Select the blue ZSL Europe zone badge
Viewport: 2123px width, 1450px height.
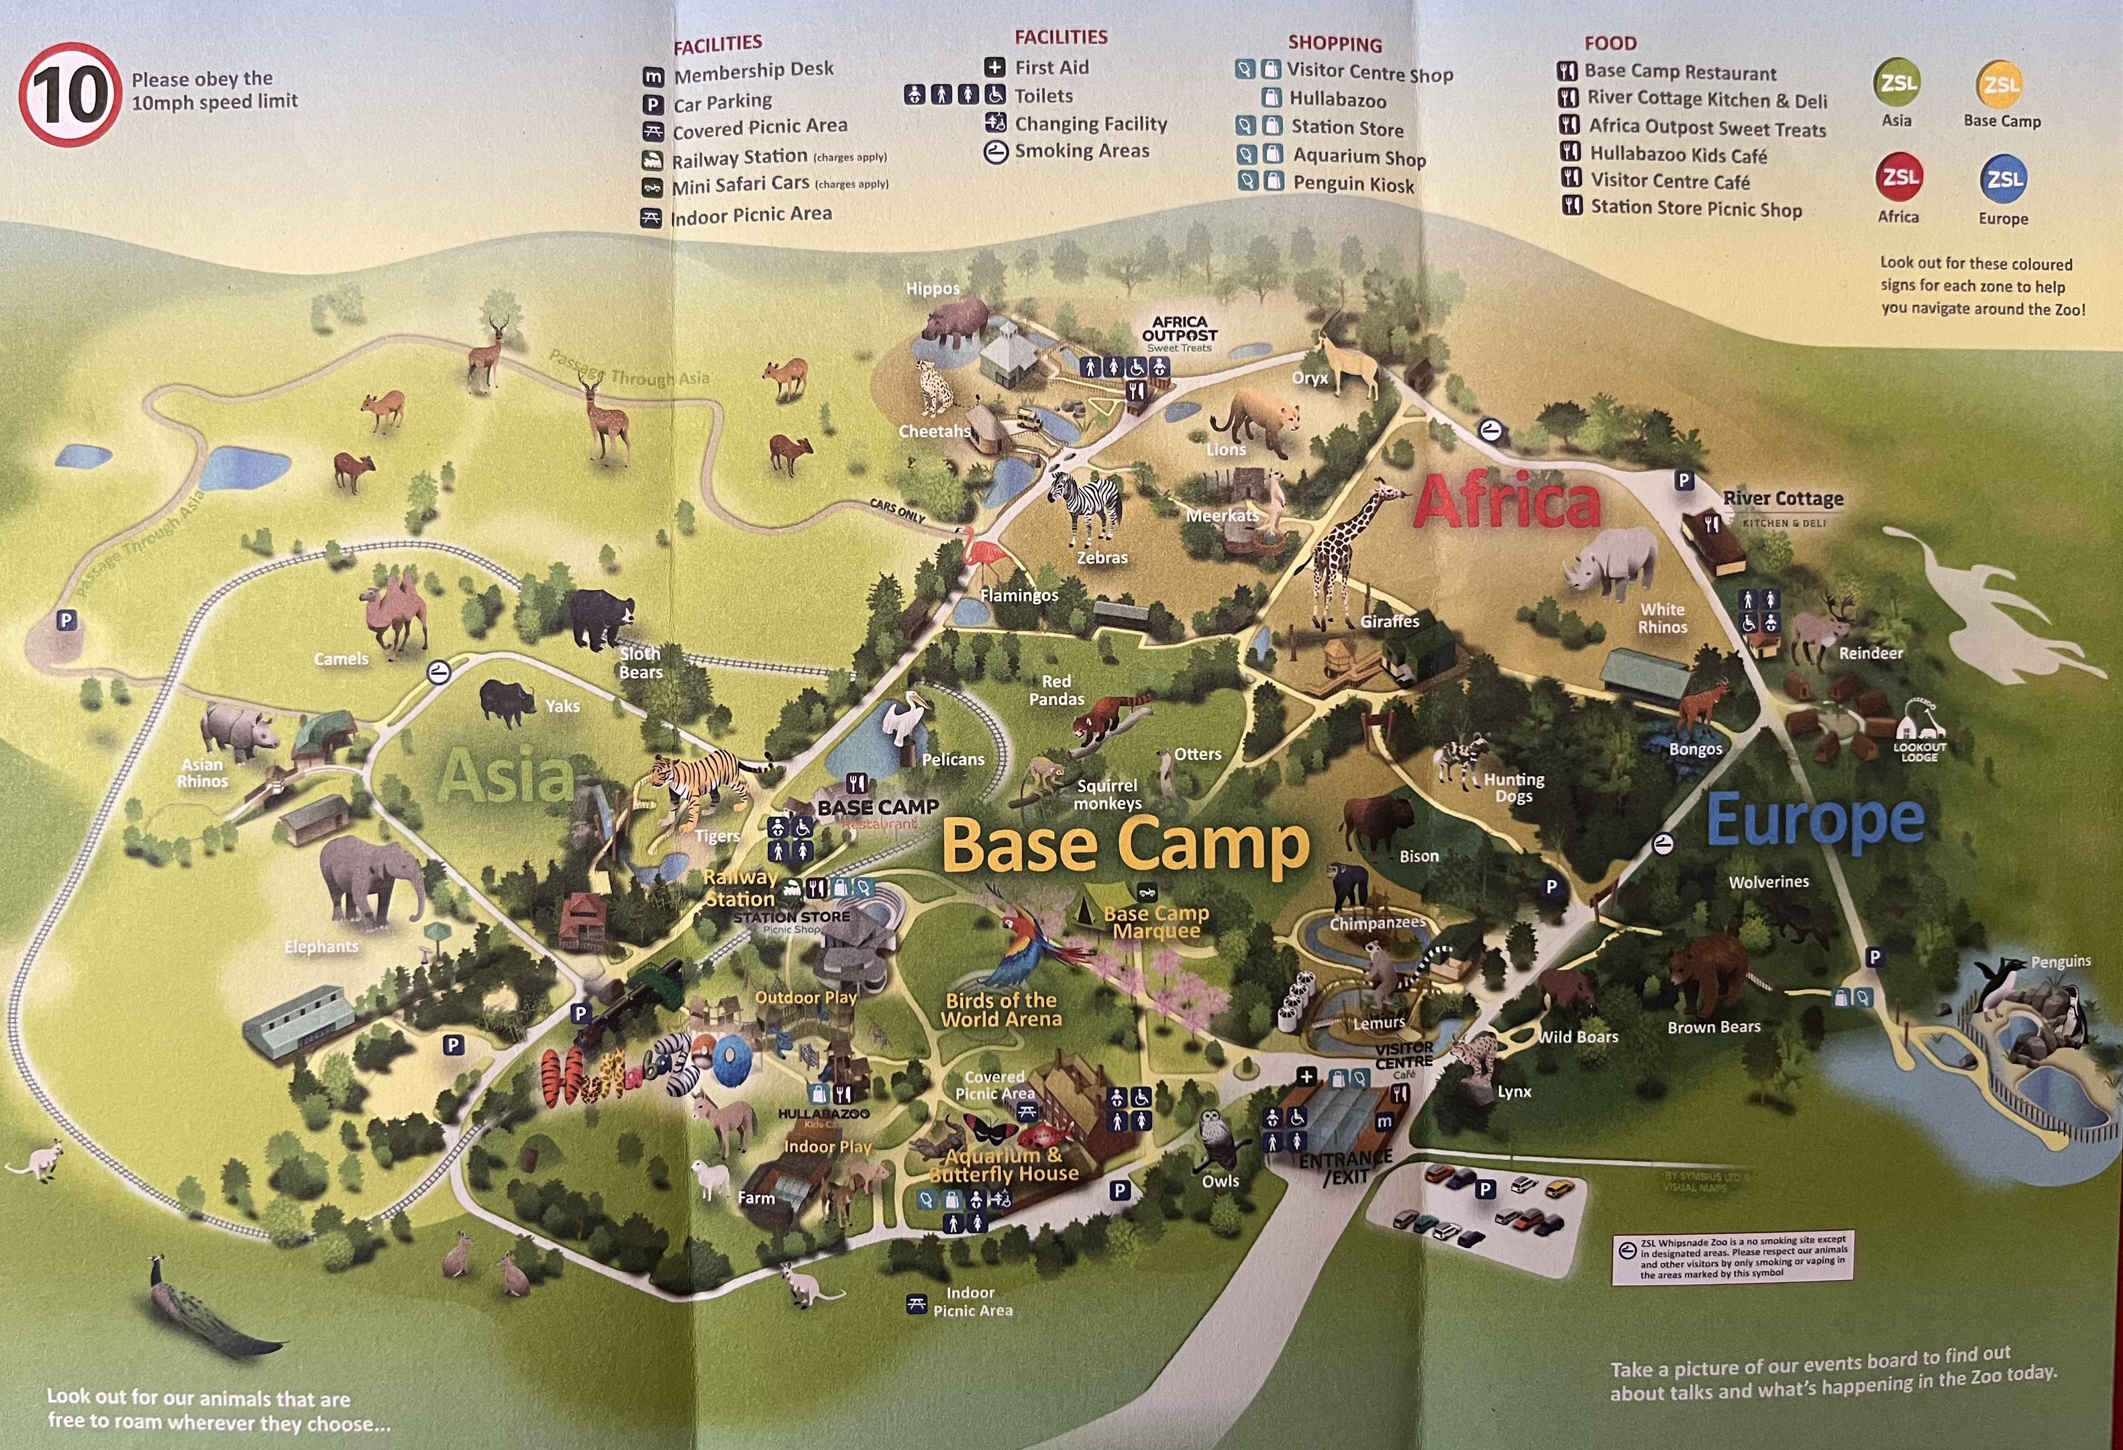pyautogui.click(x=2004, y=179)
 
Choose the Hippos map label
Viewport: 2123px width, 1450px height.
pyautogui.click(x=933, y=289)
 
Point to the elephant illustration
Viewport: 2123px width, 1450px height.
pyautogui.click(x=370, y=881)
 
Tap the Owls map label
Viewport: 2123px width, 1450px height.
pyautogui.click(x=1221, y=1180)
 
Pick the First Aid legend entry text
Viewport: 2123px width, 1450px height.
pyautogui.click(x=1051, y=68)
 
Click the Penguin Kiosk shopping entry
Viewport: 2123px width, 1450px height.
pyautogui.click(x=1353, y=184)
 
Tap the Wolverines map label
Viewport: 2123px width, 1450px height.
pyautogui.click(x=1769, y=881)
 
